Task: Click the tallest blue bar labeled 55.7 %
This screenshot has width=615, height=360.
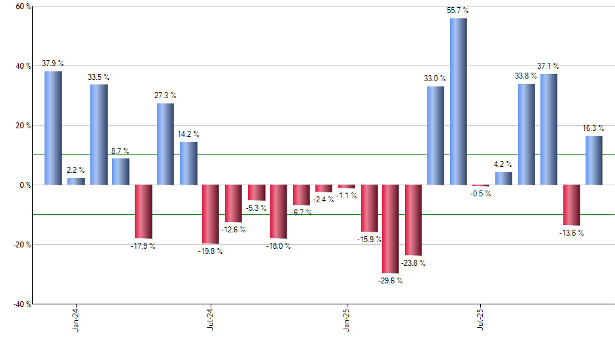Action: [458, 101]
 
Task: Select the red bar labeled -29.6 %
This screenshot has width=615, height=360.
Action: [391, 228]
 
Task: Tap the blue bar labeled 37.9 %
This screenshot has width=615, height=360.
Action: [53, 128]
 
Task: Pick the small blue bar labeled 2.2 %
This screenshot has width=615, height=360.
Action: [76, 181]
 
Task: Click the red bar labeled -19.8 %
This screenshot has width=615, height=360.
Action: [211, 214]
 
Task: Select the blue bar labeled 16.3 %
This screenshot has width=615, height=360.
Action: [593, 160]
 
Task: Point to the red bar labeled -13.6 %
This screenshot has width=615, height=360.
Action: [571, 205]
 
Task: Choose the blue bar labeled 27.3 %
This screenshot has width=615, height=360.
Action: [166, 144]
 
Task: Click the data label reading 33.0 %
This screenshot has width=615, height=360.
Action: [436, 79]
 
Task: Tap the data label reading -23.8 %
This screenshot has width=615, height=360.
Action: [413, 263]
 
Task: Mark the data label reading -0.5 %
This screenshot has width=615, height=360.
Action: [481, 194]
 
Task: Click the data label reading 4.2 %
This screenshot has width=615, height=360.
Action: [503, 164]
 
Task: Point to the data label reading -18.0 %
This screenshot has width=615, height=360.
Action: [279, 246]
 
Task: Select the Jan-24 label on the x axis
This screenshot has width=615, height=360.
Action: [76, 319]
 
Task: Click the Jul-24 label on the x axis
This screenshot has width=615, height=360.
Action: [211, 319]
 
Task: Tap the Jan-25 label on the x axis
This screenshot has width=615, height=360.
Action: [346, 319]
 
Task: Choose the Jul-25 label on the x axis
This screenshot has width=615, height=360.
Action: [481, 319]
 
